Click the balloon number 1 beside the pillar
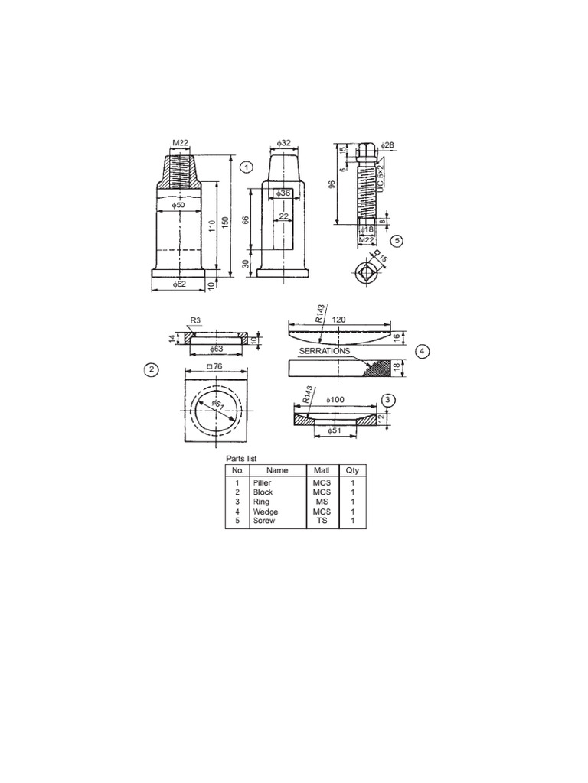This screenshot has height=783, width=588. click(x=246, y=166)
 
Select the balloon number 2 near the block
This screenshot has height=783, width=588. click(x=152, y=370)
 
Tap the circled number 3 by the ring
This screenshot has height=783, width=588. click(x=388, y=400)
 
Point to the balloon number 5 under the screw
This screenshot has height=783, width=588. click(x=396, y=240)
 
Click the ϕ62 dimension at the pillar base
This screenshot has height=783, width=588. click(x=179, y=284)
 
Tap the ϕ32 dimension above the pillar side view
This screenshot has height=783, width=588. click(x=283, y=143)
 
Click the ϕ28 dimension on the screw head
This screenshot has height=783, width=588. click(x=386, y=145)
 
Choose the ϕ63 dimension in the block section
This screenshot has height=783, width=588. click(x=217, y=349)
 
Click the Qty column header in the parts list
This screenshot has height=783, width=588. click(x=352, y=470)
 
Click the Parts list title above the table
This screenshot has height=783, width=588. click(x=240, y=458)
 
